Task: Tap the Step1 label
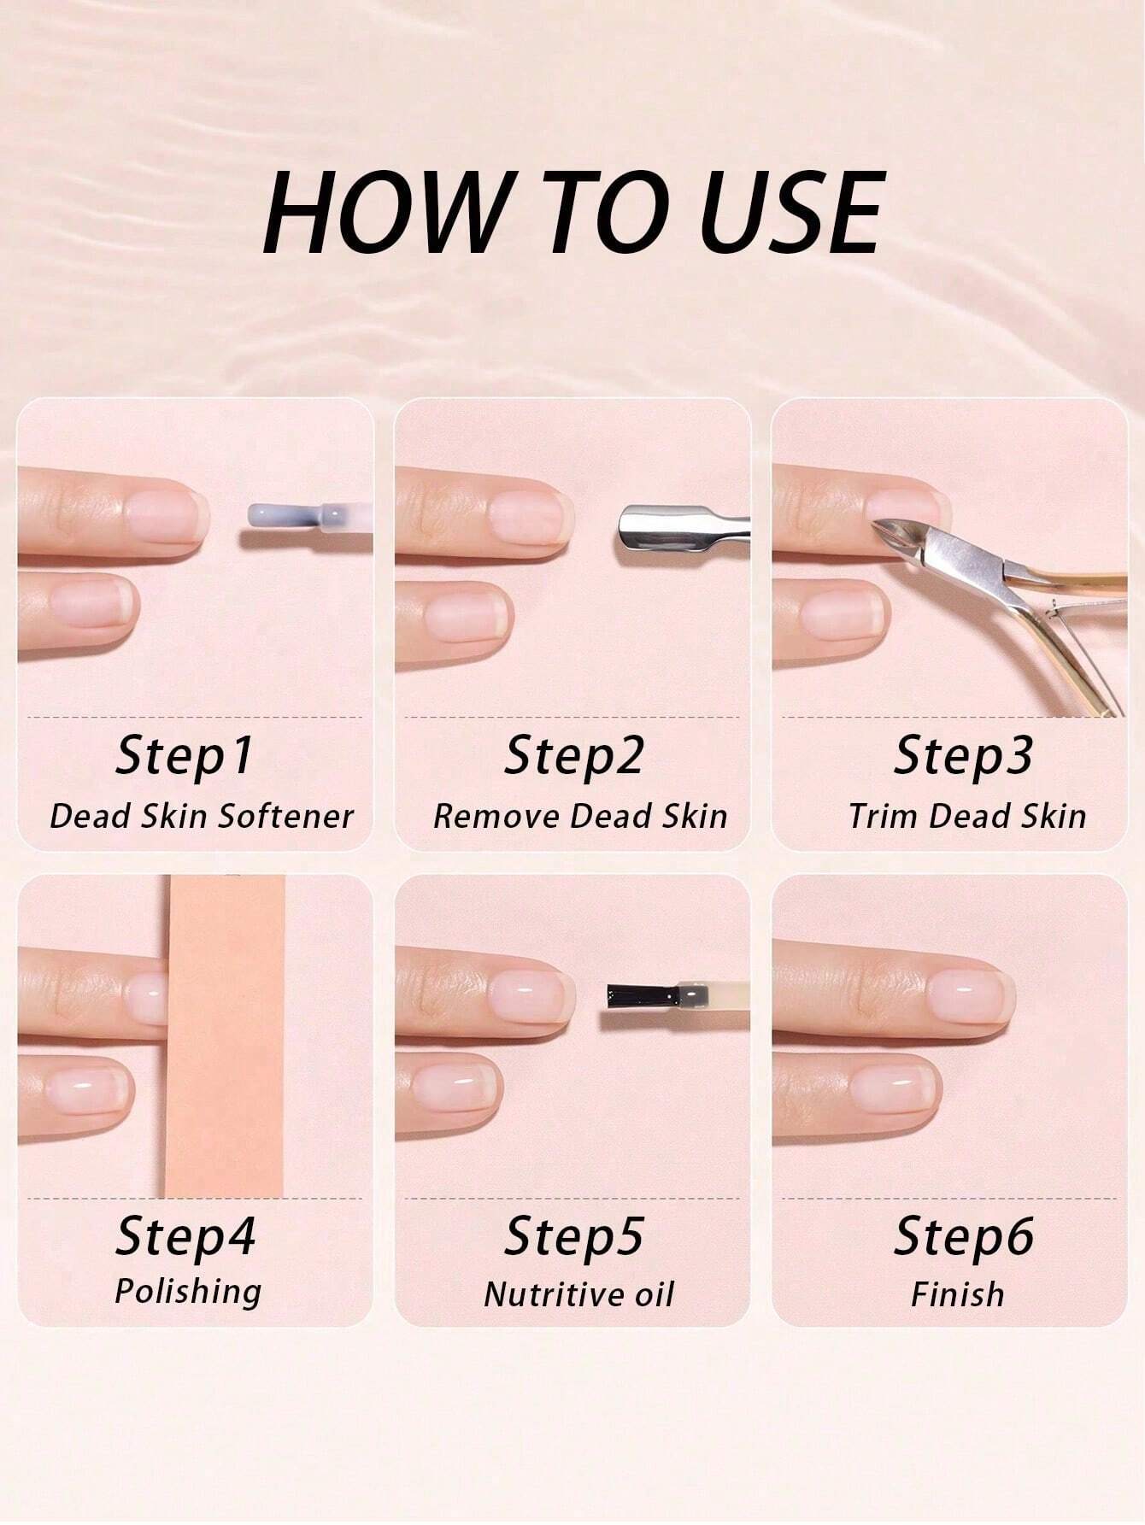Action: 185,756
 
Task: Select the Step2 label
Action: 573,756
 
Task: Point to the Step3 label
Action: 963,756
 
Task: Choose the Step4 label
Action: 185,1236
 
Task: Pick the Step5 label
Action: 573,1236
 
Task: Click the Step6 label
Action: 964,1236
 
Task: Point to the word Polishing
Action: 188,1292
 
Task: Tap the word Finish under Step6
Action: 958,1294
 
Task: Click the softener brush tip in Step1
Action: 279,516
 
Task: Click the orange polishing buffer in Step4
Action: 226,1035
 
